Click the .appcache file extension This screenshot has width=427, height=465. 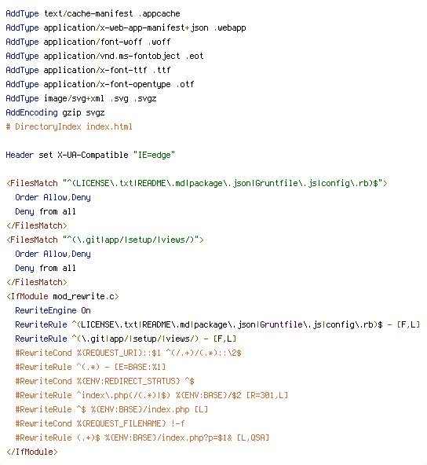[x=159, y=14]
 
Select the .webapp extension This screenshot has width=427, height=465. [x=230, y=27]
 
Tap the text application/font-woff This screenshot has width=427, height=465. [x=93, y=42]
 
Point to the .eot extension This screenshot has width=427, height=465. [x=195, y=56]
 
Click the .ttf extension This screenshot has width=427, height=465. [x=162, y=70]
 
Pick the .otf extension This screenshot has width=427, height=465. [x=185, y=84]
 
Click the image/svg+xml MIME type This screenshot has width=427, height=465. [x=74, y=98]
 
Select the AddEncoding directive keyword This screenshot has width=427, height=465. [x=31, y=112]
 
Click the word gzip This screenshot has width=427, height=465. [x=71, y=113]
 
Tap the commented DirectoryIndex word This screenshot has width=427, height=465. [x=48, y=126]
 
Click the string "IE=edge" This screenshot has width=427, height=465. [x=154, y=155]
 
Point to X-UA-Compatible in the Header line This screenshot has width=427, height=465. [x=93, y=155]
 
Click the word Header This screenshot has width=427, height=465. [x=20, y=155]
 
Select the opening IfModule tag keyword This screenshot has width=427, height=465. [x=29, y=296]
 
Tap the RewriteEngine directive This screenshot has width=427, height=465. [x=46, y=310]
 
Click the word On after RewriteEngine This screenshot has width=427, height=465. [x=86, y=310]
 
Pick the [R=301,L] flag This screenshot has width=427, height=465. [x=267, y=395]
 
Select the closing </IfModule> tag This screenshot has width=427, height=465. [x=32, y=452]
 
